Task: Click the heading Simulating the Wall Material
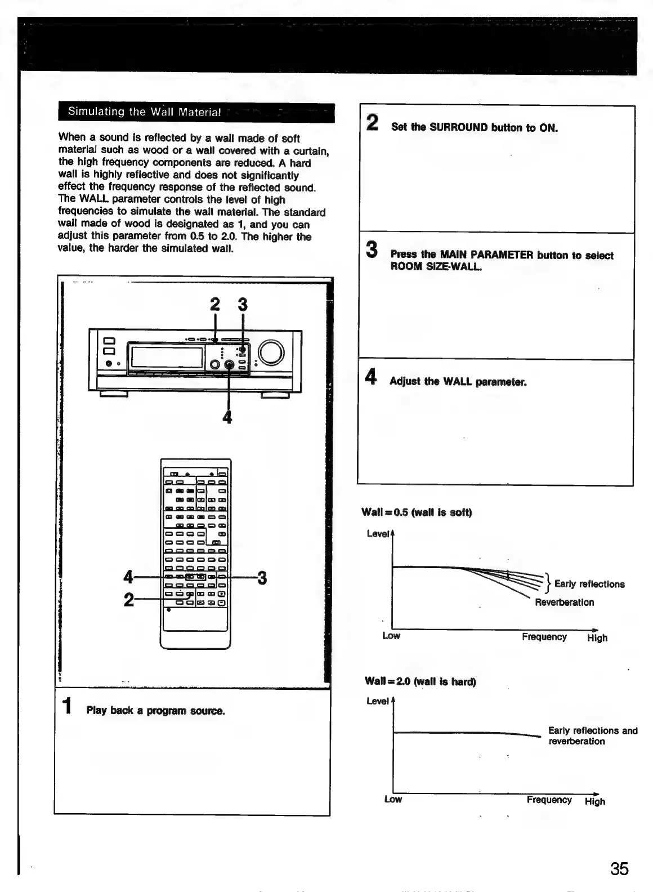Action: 144,111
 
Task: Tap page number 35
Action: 619,869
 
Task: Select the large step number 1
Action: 68,706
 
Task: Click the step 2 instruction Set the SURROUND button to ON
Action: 474,127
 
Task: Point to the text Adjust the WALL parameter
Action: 458,382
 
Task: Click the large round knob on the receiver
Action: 271,352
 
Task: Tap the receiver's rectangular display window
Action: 167,357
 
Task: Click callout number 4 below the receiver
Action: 227,417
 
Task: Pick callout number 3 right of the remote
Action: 262,578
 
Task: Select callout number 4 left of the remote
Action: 128,578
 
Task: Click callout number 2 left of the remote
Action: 129,600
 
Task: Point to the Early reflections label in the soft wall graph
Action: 589,584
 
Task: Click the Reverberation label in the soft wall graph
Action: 564,602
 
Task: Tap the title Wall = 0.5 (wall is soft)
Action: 417,512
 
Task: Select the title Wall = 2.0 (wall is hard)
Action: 420,681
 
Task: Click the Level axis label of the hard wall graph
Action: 377,701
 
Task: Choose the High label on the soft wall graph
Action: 597,638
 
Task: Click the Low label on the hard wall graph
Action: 393,800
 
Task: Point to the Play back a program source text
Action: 155,711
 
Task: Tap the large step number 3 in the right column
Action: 372,249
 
